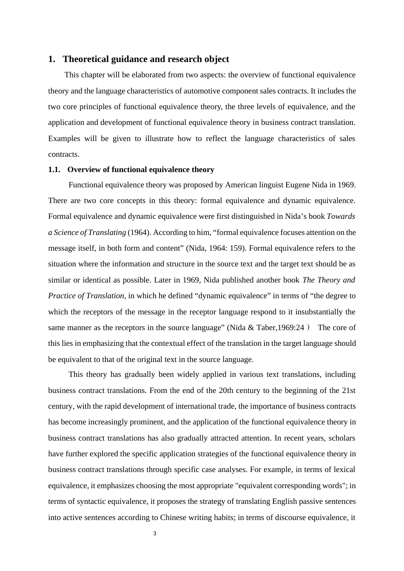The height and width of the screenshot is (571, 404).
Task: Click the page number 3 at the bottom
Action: (155, 534)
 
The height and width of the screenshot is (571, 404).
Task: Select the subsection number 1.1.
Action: (54, 170)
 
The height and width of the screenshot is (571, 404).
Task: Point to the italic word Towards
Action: (341, 216)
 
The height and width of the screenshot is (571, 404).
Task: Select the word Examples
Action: (63, 139)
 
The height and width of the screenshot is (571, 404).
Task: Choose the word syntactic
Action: (91, 501)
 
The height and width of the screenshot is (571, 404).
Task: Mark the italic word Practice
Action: (62, 296)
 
